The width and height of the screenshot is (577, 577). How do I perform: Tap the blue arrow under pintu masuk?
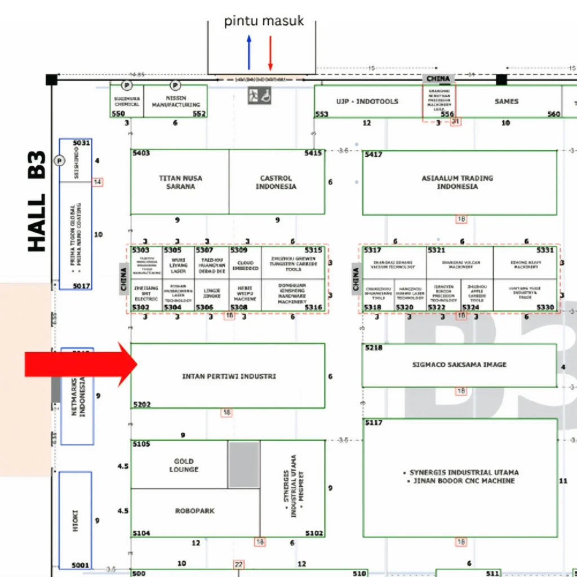249,52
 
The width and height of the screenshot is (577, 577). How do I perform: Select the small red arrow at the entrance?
270,52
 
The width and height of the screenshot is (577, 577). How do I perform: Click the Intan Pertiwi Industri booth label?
229,376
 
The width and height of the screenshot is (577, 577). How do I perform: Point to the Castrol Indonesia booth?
276,182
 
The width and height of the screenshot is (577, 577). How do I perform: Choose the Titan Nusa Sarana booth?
180,182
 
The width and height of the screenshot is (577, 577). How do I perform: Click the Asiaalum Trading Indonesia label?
457,182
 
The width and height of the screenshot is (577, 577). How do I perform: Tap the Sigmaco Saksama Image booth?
459,365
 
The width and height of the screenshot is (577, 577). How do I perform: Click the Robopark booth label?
194,511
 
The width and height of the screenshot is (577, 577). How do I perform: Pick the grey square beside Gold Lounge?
244,464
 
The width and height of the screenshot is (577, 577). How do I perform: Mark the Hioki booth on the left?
76,520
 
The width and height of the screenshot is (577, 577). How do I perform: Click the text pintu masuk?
264,21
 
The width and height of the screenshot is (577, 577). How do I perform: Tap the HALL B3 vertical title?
37,201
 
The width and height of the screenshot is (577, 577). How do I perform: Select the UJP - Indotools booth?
367,101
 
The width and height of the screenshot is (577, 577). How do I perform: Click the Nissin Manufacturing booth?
176,101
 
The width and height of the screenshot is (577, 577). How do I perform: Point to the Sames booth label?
506,101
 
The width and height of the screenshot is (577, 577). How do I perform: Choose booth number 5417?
373,154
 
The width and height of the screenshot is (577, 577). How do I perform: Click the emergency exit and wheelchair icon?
260,96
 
